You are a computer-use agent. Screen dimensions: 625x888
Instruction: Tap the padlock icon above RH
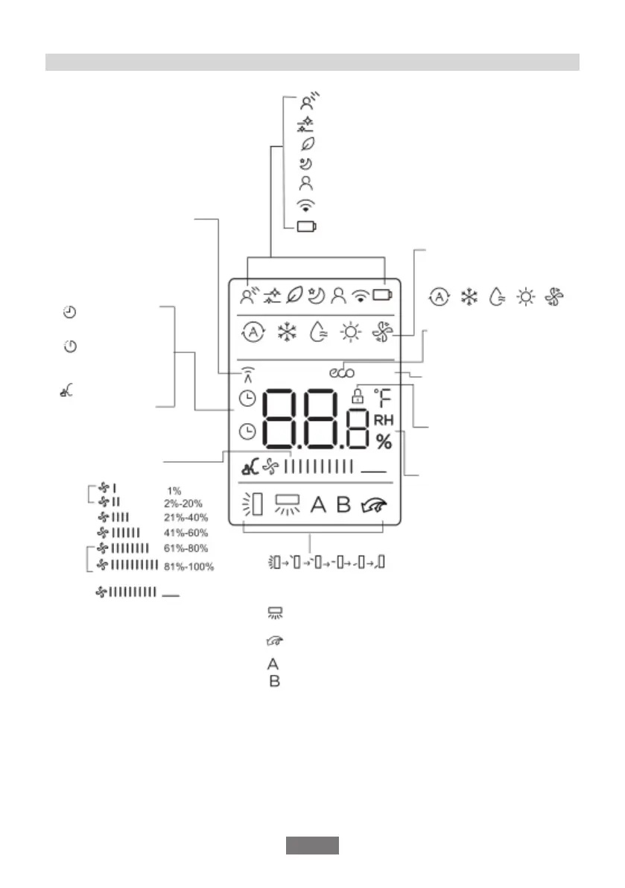[358, 395]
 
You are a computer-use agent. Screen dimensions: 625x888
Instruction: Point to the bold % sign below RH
[384, 442]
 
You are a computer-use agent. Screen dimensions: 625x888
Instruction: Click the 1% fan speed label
[174, 490]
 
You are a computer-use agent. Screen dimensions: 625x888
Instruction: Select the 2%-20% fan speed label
[183, 503]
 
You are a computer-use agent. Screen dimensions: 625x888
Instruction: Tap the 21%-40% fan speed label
[186, 518]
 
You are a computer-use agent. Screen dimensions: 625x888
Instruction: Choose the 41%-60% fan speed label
[186, 533]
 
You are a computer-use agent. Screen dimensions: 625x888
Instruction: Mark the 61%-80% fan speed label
[186, 549]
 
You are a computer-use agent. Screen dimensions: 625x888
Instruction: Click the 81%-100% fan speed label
[188, 567]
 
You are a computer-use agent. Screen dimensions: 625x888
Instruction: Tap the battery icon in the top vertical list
[305, 227]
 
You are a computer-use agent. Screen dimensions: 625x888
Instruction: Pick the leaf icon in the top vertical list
[305, 145]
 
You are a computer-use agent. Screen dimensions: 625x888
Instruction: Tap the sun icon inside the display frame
[349, 332]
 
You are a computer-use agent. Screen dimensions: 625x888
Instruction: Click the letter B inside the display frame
[343, 504]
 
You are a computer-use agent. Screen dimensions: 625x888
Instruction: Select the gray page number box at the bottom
[312, 846]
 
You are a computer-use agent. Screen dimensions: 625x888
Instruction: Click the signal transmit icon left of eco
[247, 372]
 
